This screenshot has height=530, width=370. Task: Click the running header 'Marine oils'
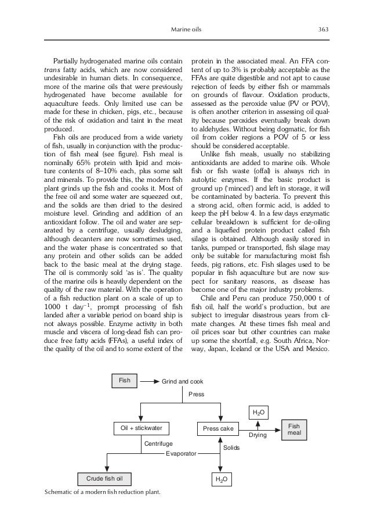click(185, 30)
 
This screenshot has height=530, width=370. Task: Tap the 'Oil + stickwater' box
click(141, 428)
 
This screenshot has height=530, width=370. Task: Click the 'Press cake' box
click(217, 428)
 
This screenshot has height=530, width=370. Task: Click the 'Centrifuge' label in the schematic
click(158, 443)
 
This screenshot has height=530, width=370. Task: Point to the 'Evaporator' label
click(182, 452)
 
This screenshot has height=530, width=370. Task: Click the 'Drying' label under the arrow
click(257, 435)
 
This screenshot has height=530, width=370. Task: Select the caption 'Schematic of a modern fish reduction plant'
click(102, 492)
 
